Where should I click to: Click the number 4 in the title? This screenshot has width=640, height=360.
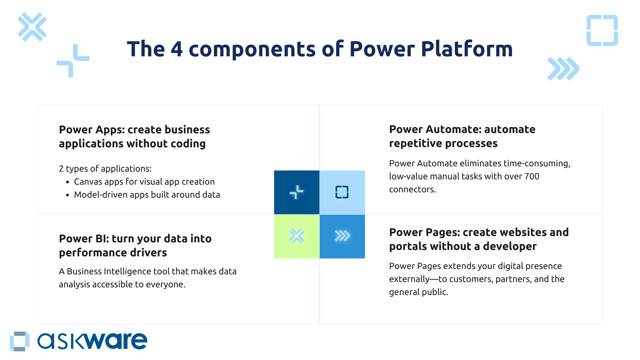[x=177, y=49]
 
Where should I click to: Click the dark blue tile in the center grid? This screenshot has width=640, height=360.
[x=297, y=192]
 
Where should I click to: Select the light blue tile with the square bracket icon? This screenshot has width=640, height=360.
[x=342, y=192]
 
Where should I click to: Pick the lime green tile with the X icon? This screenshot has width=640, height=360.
[x=297, y=236]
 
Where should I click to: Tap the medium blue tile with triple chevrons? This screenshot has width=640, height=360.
[x=342, y=236]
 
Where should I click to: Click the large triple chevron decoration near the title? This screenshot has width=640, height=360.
[x=563, y=69]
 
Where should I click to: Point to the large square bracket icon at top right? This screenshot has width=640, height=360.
[x=602, y=30]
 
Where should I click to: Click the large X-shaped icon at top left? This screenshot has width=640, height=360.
[x=32, y=27]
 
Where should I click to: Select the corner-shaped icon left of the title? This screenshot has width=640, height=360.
[x=73, y=61]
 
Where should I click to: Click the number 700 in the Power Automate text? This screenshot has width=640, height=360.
[x=532, y=176]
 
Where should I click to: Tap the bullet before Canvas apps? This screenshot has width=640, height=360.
[x=68, y=182]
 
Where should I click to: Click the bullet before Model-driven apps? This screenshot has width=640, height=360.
[x=68, y=195]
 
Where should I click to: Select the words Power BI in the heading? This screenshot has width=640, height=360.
[x=83, y=239]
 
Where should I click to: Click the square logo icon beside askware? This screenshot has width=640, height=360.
[x=20, y=341]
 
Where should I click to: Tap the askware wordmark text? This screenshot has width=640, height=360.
[x=92, y=341]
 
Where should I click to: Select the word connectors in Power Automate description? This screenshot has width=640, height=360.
[x=412, y=189]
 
